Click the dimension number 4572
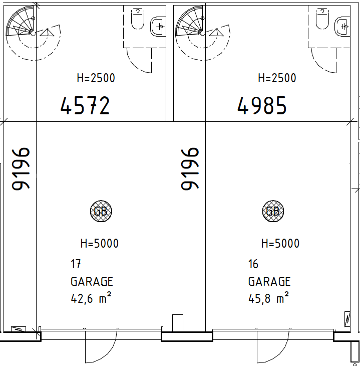coord(85,105)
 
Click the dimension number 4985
coord(261,105)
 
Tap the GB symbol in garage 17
coord(101,211)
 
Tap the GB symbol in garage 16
coord(273,211)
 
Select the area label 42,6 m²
coord(91,298)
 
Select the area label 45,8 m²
coord(268,298)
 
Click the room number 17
coord(76,264)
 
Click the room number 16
coord(253,264)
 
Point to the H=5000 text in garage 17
coord(100,243)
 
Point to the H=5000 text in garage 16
coord(280,243)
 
